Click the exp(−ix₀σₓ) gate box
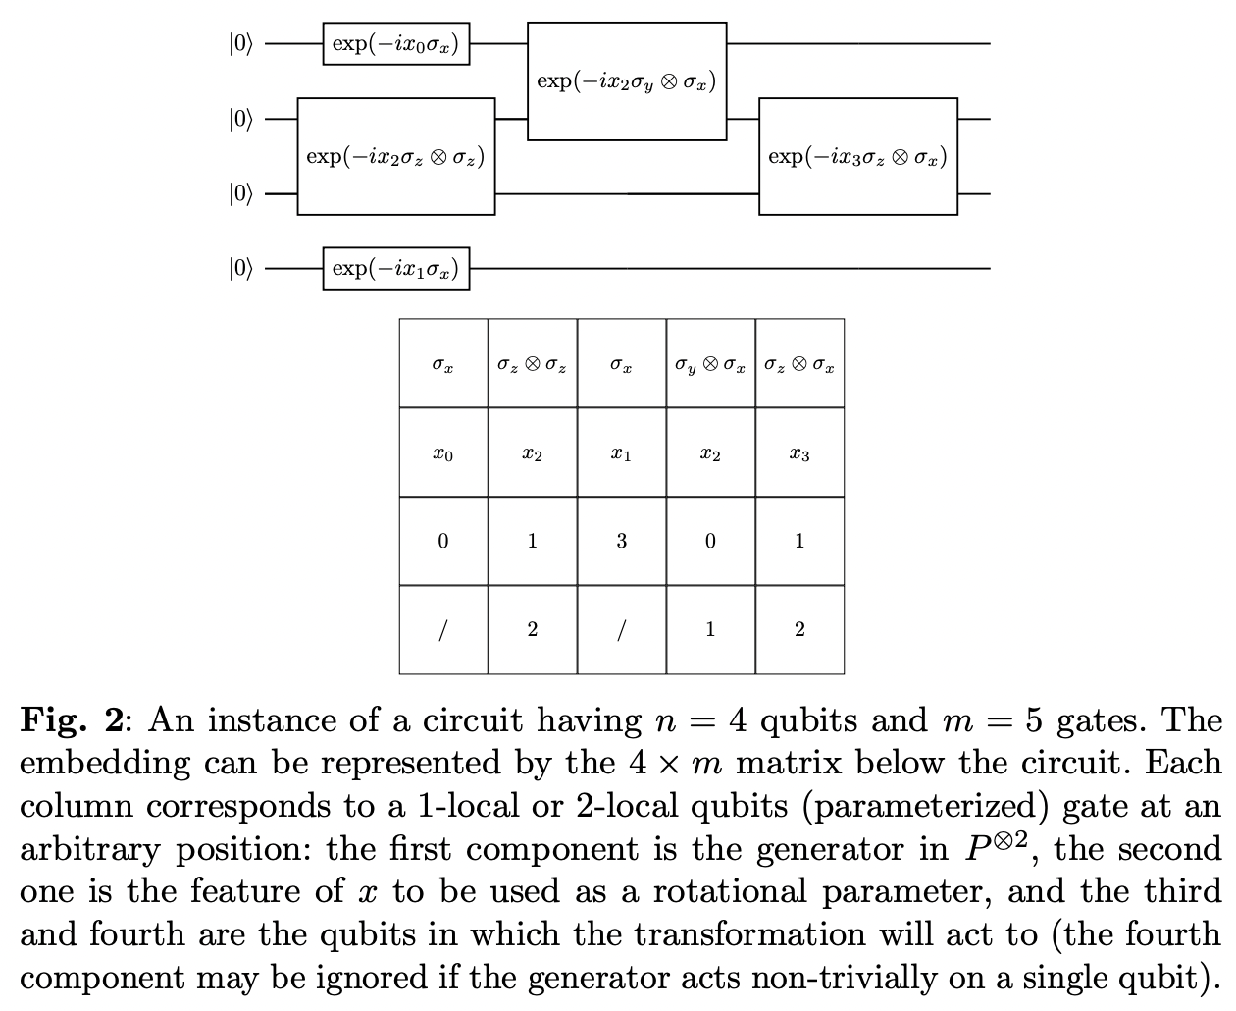tap(395, 44)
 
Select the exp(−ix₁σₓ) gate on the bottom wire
tap(395, 268)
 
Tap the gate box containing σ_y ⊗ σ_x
tap(626, 80)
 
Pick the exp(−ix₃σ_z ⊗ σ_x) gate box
tap(857, 156)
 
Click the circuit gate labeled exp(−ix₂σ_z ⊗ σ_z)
tap(395, 156)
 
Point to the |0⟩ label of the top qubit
tap(240, 44)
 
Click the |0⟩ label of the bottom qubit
tap(240, 268)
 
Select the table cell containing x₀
tap(443, 453)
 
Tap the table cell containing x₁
tap(621, 453)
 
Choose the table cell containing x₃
tap(799, 453)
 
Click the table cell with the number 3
tap(621, 541)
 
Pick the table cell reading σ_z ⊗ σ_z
tap(532, 365)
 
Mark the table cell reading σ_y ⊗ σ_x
tap(710, 365)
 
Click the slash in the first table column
tap(443, 629)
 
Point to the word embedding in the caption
tap(105, 765)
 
